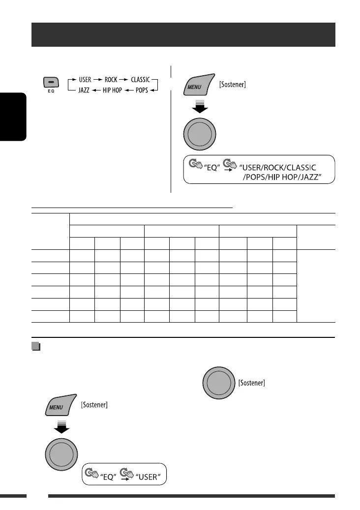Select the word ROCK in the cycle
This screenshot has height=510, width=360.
pos(111,79)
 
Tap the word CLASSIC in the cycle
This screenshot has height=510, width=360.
pos(140,79)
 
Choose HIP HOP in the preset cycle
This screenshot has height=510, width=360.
pos(112,91)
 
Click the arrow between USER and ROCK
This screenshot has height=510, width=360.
pos(96,79)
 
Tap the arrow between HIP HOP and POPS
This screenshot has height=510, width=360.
pos(128,91)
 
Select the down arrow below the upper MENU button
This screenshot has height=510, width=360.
pos(199,108)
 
